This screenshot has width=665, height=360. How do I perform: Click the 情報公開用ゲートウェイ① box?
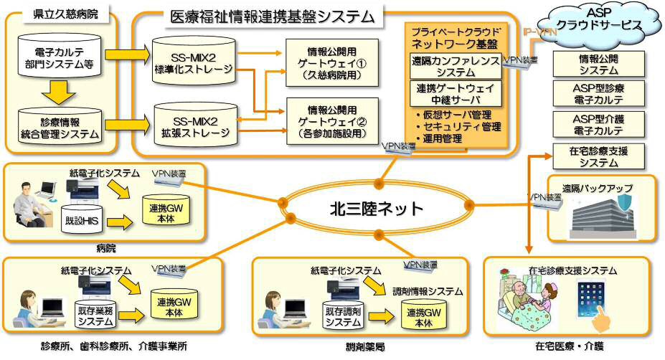[331, 60]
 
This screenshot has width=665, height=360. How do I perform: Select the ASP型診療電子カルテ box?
[598, 95]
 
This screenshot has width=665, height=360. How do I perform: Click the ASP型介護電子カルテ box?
[598, 125]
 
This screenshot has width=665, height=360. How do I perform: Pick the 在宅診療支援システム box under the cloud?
[598, 156]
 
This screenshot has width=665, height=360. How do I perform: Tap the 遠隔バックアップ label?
[597, 188]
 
